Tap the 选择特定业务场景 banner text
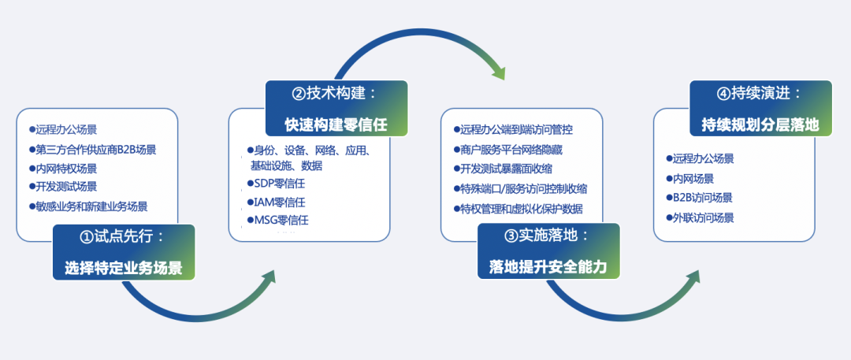(x=124, y=268)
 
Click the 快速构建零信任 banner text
(x=336, y=124)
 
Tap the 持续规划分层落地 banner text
(x=760, y=124)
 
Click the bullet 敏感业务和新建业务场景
(x=91, y=206)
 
